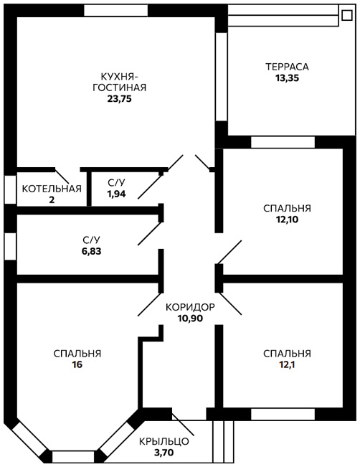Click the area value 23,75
pos(119,98)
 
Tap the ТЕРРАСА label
pos(287,67)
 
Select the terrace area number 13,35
pos(287,78)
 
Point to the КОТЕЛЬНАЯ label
pos(52,189)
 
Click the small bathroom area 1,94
pos(116,194)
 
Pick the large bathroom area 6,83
pos(91,251)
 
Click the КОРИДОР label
pos(190,307)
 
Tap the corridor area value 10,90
pos(190,319)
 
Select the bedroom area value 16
pos(77,364)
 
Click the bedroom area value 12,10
pos(287,220)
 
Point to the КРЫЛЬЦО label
pos(164,441)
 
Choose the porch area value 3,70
pos(164,453)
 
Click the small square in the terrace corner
pos(346,15)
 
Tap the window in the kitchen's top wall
pos(116,11)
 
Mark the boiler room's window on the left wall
pos(11,189)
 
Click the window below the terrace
pos(283,142)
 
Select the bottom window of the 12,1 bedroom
pos(283,415)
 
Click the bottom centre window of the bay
pos(73,456)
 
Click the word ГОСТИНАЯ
pos(120,88)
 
